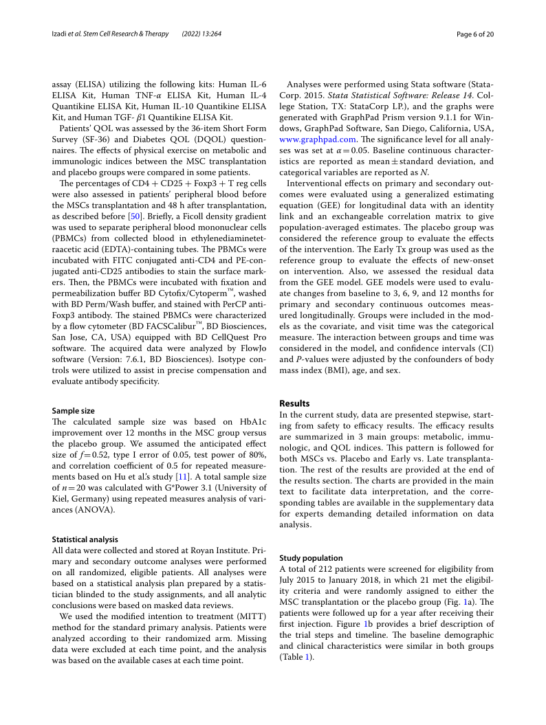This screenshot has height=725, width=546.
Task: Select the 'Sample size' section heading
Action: (x=74, y=410)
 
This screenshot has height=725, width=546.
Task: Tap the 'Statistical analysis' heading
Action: (x=85, y=539)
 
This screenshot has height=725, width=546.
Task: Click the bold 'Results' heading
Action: (x=294, y=403)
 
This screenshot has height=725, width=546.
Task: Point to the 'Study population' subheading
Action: (x=311, y=558)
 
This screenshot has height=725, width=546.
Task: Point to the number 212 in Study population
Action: (x=325, y=569)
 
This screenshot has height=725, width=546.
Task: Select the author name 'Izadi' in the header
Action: (x=63, y=34)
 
